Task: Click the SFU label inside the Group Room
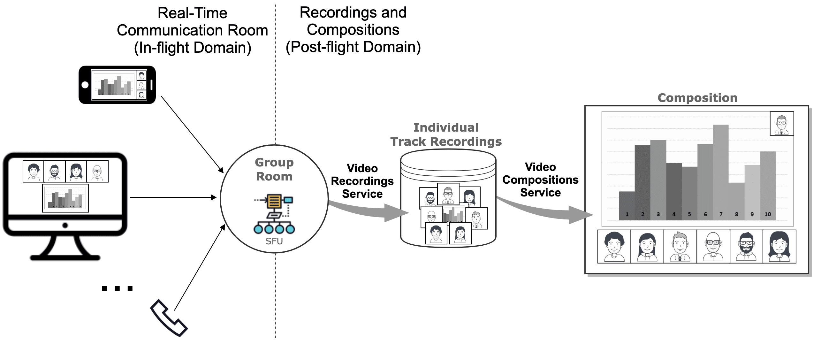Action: pyautogui.click(x=274, y=241)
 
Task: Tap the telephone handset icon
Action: pyautogui.click(x=169, y=318)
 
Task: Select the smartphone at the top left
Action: pyautogui.click(x=117, y=85)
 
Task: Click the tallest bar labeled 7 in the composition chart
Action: pyautogui.click(x=720, y=169)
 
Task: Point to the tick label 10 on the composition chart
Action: pyautogui.click(x=767, y=214)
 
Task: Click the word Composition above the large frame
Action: pyautogui.click(x=697, y=98)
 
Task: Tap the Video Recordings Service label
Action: pyautogui.click(x=362, y=181)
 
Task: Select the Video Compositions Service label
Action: pyautogui.click(x=540, y=180)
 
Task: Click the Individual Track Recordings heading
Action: pyautogui.click(x=446, y=134)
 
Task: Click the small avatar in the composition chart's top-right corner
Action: pyautogui.click(x=781, y=124)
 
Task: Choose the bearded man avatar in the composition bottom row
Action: pyautogui.click(x=746, y=247)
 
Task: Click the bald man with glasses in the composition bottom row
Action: pyautogui.click(x=713, y=247)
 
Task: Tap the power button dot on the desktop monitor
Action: pyautogui.click(x=65, y=226)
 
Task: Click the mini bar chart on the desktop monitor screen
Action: pyautogui.click(x=65, y=198)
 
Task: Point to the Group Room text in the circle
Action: pyautogui.click(x=274, y=169)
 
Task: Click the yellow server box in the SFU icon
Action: pyautogui.click(x=274, y=201)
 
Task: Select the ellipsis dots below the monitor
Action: pyautogui.click(x=117, y=289)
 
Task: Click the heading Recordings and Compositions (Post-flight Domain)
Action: pyautogui.click(x=353, y=30)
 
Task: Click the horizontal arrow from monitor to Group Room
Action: pyautogui.click(x=172, y=197)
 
